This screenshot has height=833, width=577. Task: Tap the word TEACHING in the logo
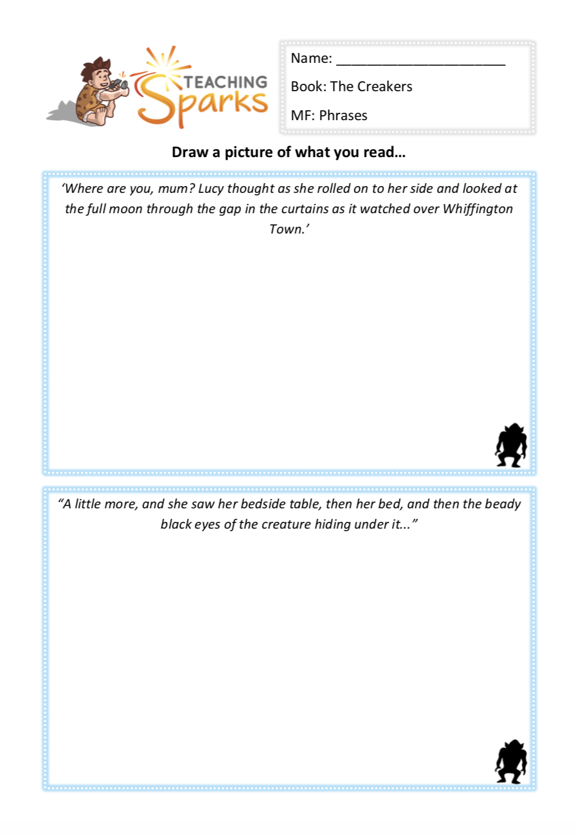pyautogui.click(x=225, y=82)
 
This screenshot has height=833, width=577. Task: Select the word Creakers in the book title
pyautogui.click(x=388, y=87)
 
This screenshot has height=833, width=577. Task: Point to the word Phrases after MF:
pyautogui.click(x=343, y=116)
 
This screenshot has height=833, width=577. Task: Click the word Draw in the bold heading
pyautogui.click(x=190, y=153)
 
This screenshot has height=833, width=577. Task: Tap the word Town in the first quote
pyautogui.click(x=285, y=230)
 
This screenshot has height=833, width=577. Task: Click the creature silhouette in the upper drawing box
pyautogui.click(x=511, y=445)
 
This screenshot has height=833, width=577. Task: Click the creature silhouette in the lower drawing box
pyautogui.click(x=511, y=762)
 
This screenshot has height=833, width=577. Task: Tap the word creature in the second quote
pyautogui.click(x=286, y=525)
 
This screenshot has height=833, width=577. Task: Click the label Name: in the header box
pyautogui.click(x=311, y=59)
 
